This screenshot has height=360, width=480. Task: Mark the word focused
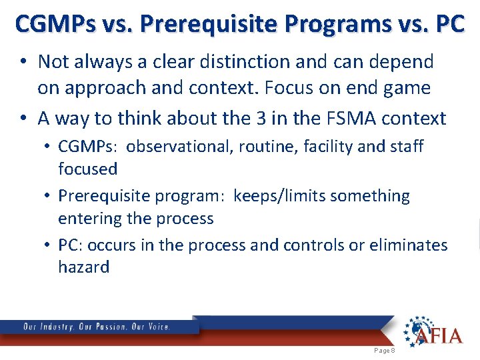coord(87,169)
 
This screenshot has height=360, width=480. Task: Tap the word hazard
coord(83,267)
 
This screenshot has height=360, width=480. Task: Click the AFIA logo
coord(432,331)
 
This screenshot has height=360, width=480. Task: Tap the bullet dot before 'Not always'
coord(23,62)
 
